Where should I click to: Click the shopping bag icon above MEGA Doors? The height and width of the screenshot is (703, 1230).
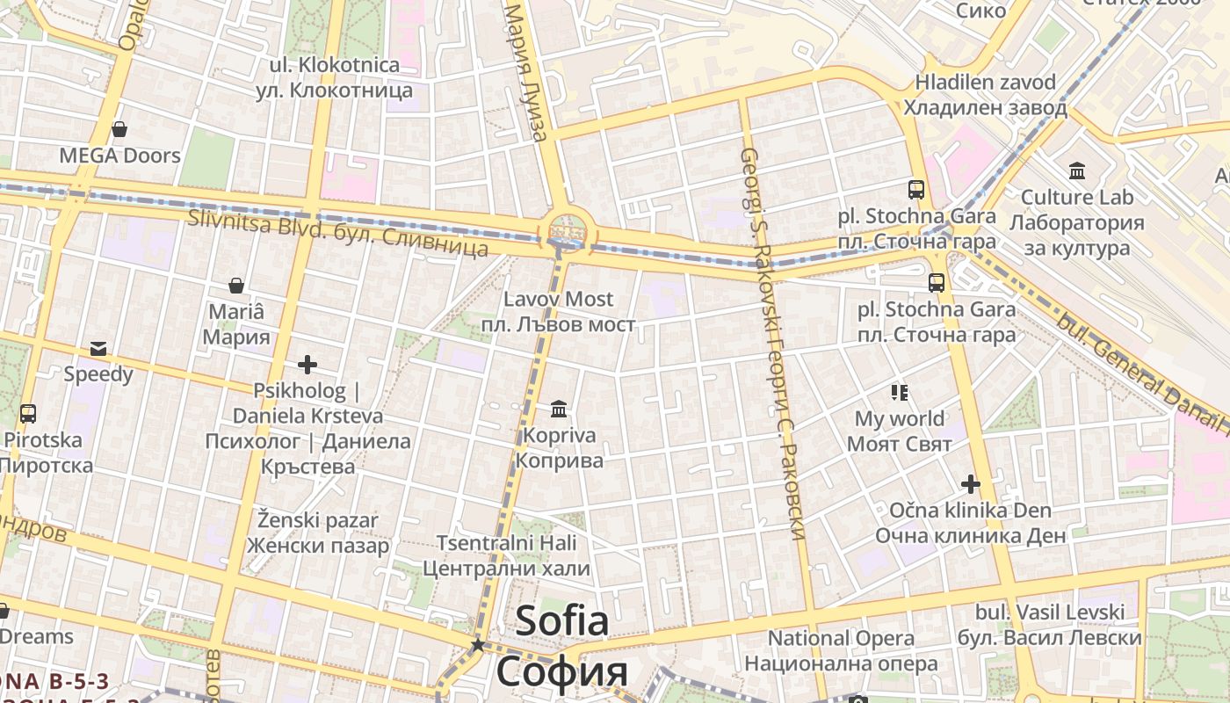coord(119,130)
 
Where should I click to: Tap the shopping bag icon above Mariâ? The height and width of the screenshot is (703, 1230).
coord(235,286)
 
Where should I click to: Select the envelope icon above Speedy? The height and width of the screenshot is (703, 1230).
coord(98,349)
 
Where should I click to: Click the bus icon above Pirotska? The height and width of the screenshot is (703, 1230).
coord(27,413)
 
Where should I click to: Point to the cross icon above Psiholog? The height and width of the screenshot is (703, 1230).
coord(307,364)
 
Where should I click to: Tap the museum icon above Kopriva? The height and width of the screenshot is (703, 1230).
coord(559,409)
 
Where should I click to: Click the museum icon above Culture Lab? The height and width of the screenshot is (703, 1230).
coord(1076,170)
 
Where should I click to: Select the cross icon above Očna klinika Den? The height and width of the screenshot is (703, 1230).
coord(970,484)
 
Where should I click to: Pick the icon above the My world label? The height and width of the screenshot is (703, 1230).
coord(899,392)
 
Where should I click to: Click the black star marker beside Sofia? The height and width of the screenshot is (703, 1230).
coord(477,645)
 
